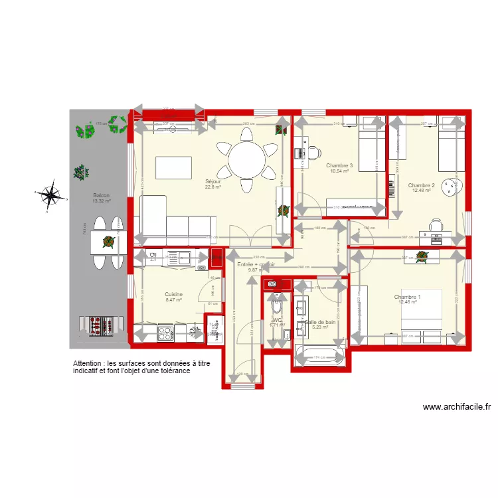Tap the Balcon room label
[x=102, y=195]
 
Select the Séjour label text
[x=212, y=181]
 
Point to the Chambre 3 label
[x=339, y=165]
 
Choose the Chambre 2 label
[x=421, y=185]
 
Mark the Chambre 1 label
[x=407, y=297]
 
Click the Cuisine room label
[x=173, y=294]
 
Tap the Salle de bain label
[x=321, y=321]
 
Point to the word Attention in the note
[x=89, y=365]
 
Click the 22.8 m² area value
[x=212, y=187]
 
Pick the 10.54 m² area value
[x=339, y=171]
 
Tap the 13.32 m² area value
[x=102, y=201]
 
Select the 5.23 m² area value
[x=321, y=327]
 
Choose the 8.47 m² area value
[x=173, y=300]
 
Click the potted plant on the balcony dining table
[x=107, y=242]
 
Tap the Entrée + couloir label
[x=256, y=264]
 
